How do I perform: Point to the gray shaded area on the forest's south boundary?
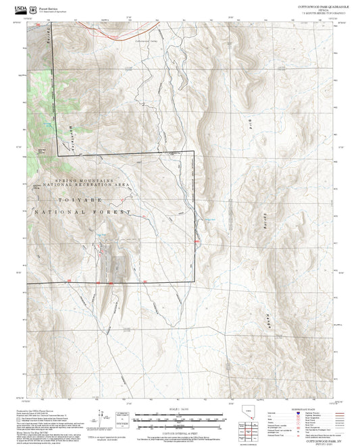pos(115,267)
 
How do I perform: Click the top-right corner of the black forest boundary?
pos(195,151)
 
